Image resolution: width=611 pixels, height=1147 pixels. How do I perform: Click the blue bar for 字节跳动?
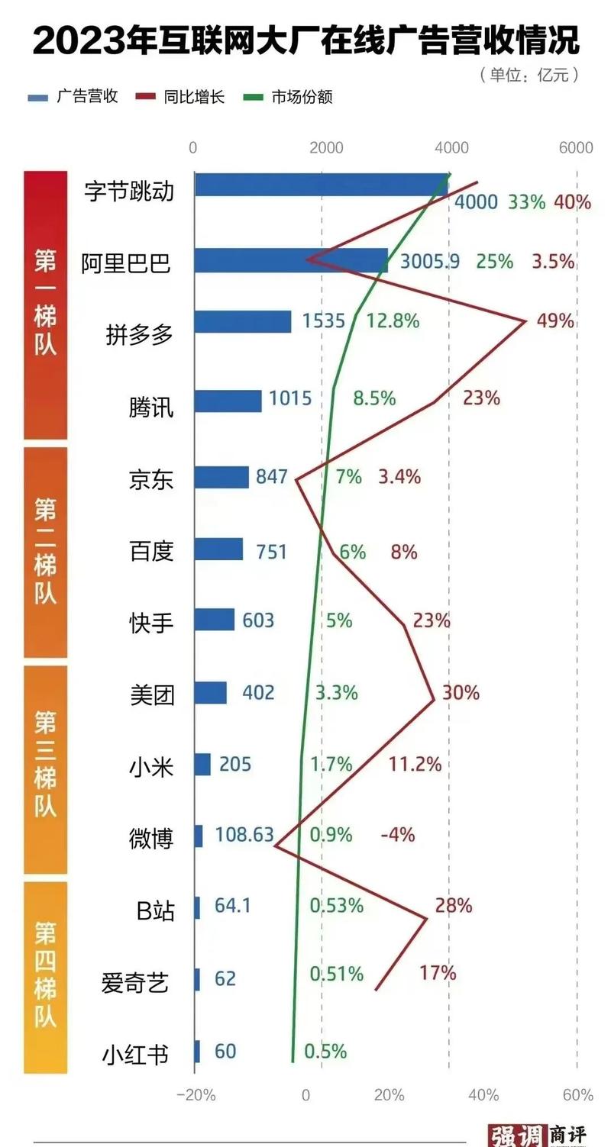(x=321, y=185)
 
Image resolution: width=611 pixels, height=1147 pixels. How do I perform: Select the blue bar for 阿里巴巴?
(x=290, y=260)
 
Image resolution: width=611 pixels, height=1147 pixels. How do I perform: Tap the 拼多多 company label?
(x=140, y=334)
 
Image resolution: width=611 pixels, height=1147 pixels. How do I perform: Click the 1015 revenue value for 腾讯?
(x=291, y=398)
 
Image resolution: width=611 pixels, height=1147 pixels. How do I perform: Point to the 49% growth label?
(x=555, y=321)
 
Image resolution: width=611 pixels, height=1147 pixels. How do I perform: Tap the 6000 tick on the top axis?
(x=575, y=148)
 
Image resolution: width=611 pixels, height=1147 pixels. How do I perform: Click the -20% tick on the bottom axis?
(x=196, y=1095)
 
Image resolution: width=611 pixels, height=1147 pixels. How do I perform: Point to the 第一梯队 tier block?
(x=45, y=304)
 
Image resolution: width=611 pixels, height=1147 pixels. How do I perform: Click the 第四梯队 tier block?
(x=45, y=977)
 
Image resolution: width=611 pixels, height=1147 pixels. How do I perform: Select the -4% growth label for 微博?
(x=397, y=835)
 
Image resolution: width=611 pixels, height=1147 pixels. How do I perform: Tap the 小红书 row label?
(x=135, y=1055)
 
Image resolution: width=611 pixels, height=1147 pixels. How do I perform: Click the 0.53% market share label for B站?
(x=336, y=906)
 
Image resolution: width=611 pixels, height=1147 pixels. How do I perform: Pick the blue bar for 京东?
(x=221, y=477)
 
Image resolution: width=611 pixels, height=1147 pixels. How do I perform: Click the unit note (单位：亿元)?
(x=529, y=75)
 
